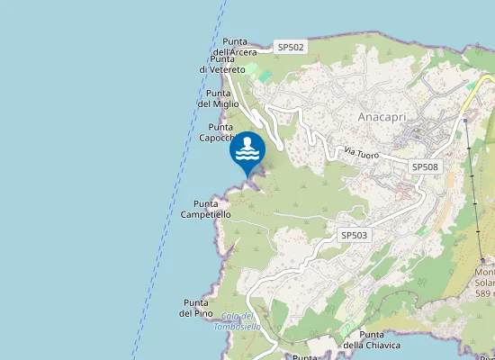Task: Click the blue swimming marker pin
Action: coord(248,153)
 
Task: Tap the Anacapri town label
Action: coord(386,118)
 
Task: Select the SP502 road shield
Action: coord(291,46)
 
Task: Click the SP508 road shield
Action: coord(425,166)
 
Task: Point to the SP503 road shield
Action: coord(354,234)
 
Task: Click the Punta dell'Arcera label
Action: coord(237,47)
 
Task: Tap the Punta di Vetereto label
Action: coord(223,64)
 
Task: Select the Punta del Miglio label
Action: coord(218,98)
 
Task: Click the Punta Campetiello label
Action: coord(206,210)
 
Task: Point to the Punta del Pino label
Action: coord(196,308)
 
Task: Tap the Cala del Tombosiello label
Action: coord(238,321)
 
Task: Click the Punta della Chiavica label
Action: coord(372,339)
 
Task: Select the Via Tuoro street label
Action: coord(361,154)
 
